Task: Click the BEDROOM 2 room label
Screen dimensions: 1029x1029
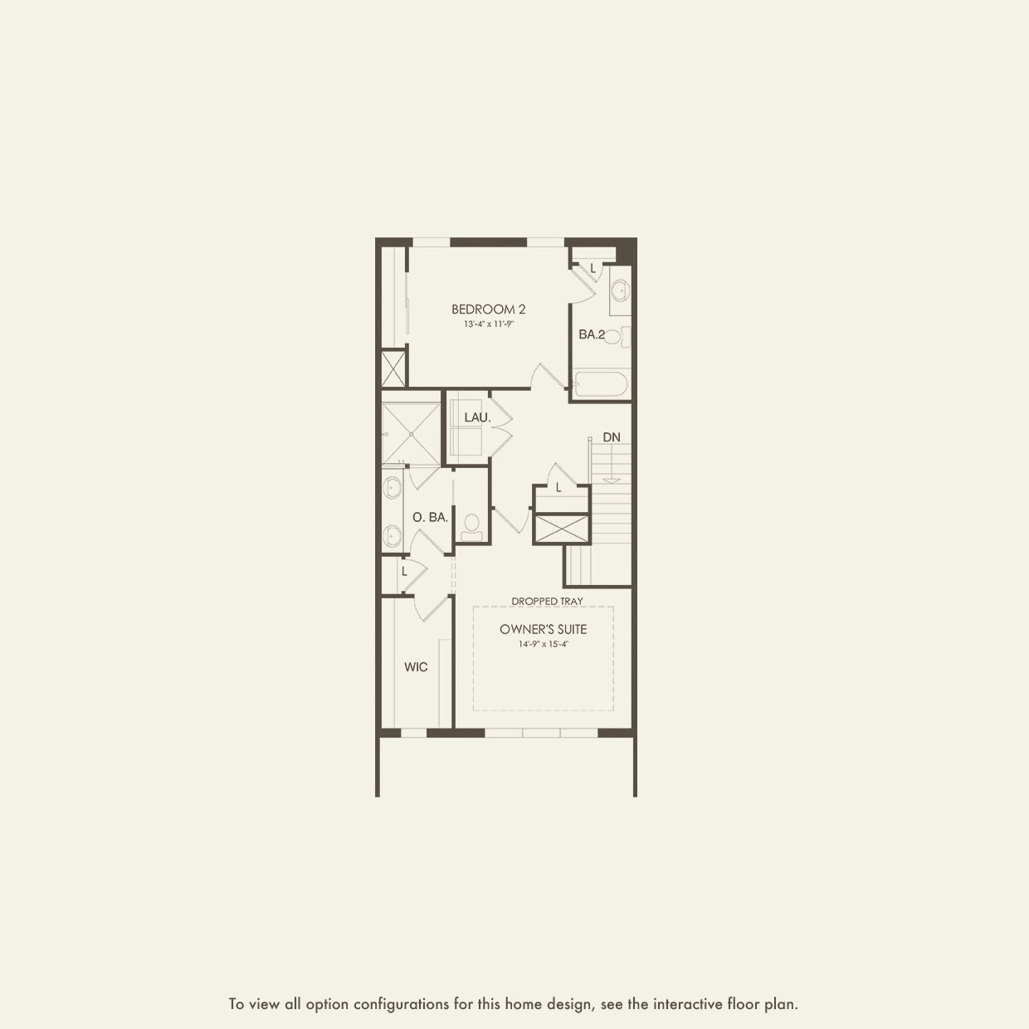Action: coord(488,310)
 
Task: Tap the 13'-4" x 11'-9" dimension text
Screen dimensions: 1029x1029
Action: coord(488,324)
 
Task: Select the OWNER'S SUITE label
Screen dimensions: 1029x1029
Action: coord(543,629)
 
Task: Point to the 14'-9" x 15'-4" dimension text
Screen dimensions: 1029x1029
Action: coord(543,644)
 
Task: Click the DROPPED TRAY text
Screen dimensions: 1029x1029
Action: coord(547,601)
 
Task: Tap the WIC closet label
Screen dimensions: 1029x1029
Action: coord(416,667)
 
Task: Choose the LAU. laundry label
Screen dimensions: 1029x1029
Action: coord(477,417)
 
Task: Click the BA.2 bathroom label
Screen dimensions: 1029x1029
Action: coord(592,335)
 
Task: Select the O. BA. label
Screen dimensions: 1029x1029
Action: coord(430,517)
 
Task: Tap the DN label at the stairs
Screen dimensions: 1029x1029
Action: coord(612,437)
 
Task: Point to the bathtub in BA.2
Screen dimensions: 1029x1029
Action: coord(602,385)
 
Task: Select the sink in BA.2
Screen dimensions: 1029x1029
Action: coord(619,291)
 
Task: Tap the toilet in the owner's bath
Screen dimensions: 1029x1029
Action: coord(472,524)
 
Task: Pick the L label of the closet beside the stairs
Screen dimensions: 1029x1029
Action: coord(558,488)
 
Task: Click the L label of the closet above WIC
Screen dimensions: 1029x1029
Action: coord(404,572)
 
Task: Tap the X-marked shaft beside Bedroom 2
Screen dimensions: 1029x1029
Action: coord(393,368)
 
